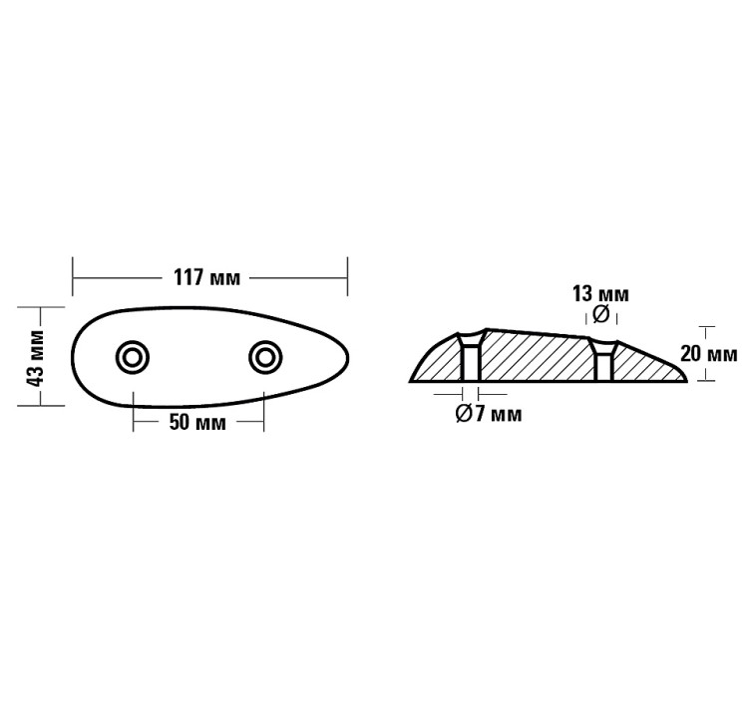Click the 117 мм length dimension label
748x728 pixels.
(209, 276)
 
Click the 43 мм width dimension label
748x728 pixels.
(35, 356)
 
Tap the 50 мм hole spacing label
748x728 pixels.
(196, 422)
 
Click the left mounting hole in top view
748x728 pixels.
(133, 356)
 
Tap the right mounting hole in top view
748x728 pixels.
(264, 356)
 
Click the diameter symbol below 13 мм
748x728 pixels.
(600, 315)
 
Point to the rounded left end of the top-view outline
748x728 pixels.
(75, 356)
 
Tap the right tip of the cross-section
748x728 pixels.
(687, 379)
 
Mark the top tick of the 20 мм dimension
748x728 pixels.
(708, 326)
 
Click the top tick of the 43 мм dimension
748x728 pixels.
(35, 307)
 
